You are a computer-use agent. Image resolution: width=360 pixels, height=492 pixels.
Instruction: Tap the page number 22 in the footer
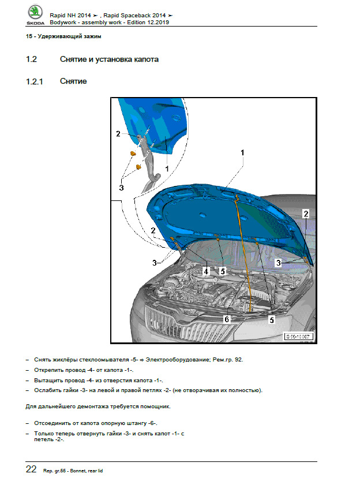coord(32,469)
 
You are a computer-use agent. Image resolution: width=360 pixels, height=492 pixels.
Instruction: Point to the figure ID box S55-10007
coord(298,337)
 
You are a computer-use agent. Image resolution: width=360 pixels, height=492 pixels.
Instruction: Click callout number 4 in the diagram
coord(206,270)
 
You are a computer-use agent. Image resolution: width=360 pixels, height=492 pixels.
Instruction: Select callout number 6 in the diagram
coord(227,319)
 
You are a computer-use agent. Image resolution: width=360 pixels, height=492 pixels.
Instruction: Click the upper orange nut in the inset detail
coord(133,154)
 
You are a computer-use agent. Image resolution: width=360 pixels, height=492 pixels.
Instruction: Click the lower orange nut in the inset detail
coord(138,167)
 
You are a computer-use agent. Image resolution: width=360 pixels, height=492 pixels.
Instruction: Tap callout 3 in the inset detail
coord(121,187)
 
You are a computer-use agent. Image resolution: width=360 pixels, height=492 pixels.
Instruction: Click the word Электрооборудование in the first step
coord(181,359)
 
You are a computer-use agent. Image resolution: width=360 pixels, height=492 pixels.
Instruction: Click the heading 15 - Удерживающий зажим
coord(64,37)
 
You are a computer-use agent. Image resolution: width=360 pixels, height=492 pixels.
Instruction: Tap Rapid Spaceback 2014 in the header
coord(138,14)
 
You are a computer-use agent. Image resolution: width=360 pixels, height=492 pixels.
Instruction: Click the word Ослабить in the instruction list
coord(48,390)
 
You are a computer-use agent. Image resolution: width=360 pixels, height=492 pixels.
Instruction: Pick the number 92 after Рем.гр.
coord(238,359)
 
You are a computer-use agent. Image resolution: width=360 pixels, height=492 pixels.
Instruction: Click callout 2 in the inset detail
coord(118,133)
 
